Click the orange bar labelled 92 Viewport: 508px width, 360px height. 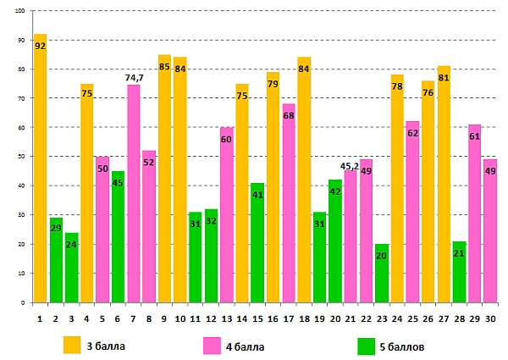(x=40, y=169)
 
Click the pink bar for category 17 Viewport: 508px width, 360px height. (x=288, y=203)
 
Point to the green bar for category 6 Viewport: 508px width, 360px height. (x=118, y=237)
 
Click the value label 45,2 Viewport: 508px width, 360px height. (x=351, y=166)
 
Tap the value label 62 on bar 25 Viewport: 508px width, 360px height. (x=412, y=134)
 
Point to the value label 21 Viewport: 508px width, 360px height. (x=459, y=253)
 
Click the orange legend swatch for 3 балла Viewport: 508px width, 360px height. (x=73, y=344)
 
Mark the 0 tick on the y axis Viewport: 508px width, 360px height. (x=24, y=302)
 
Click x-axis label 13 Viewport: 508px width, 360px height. (x=226, y=318)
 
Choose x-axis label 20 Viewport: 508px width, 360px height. (x=335, y=318)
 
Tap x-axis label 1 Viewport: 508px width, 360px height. (x=40, y=318)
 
